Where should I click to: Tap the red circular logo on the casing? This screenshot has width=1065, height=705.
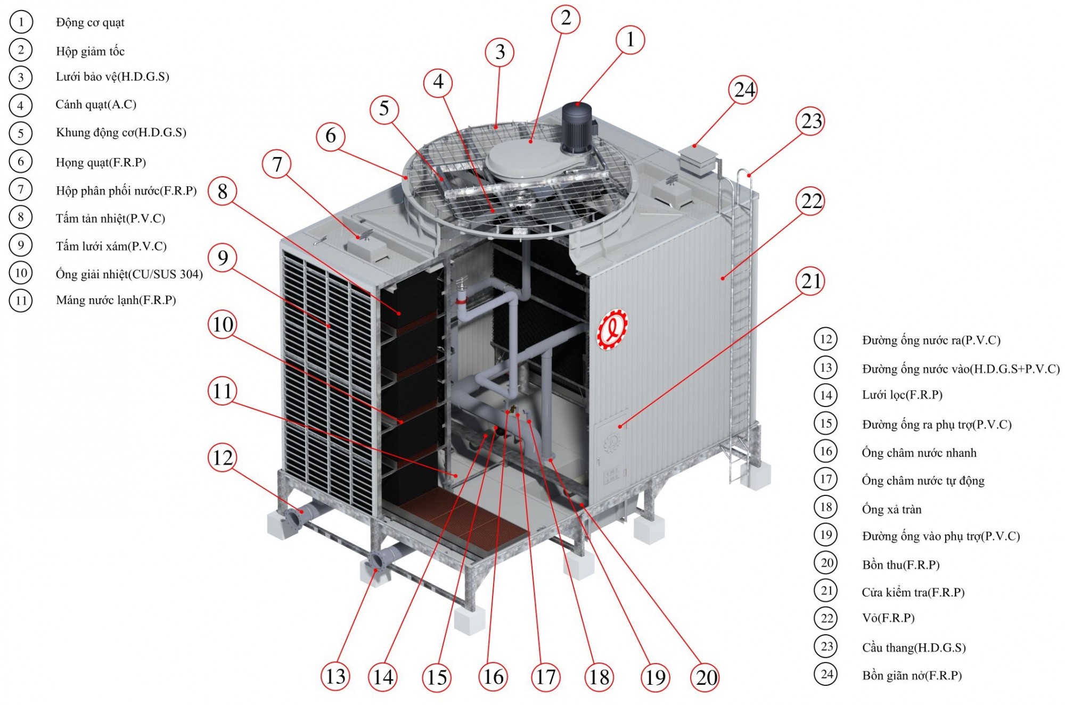(x=612, y=331)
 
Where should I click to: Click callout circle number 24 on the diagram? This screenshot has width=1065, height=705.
(x=744, y=90)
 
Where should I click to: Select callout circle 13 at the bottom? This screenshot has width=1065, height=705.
(x=335, y=676)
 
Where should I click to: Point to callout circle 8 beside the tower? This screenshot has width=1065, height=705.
(x=223, y=192)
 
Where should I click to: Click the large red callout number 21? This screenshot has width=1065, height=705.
(x=811, y=281)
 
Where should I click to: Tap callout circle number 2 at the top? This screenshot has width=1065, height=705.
(x=566, y=19)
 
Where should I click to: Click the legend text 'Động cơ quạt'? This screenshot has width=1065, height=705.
(x=90, y=22)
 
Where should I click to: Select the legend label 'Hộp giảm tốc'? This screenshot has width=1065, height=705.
(x=90, y=51)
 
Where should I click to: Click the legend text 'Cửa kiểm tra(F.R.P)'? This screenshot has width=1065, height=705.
(x=913, y=592)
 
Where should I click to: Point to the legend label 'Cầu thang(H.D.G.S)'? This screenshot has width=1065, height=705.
(x=914, y=648)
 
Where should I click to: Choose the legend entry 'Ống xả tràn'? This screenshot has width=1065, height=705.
(x=891, y=509)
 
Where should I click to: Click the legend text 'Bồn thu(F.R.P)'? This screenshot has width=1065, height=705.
(x=901, y=565)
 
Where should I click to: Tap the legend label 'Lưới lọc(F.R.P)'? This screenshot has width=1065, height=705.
(x=902, y=395)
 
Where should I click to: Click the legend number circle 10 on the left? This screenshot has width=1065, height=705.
(x=21, y=273)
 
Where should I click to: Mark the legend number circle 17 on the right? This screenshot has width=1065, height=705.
(x=826, y=479)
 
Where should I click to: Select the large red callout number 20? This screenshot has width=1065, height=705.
(x=707, y=677)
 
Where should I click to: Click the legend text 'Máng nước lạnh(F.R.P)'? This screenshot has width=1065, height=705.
(x=116, y=300)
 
